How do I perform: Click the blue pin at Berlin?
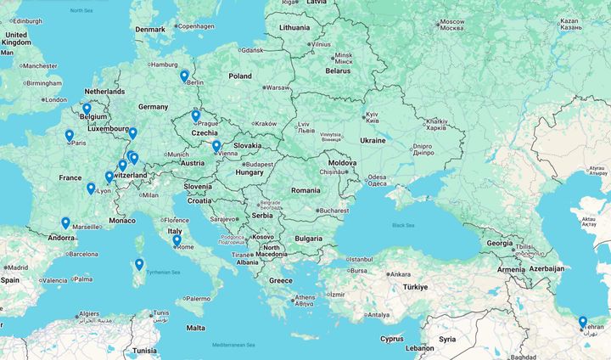(x=184, y=76)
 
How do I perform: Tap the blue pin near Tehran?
(x=583, y=322)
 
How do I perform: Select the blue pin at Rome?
(x=177, y=240)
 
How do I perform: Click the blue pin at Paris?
(x=70, y=135)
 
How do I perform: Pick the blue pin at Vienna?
(x=216, y=146)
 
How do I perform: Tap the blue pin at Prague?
(x=195, y=115)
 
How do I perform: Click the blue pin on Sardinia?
(x=139, y=265)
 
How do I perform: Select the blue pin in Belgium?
(x=87, y=109)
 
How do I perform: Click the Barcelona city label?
(x=83, y=253)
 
